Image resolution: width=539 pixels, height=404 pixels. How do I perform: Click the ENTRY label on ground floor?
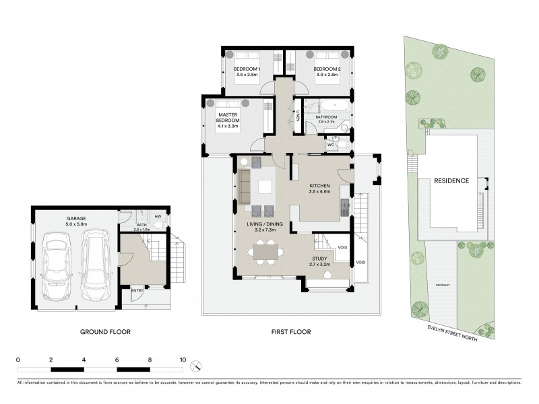click(137, 290)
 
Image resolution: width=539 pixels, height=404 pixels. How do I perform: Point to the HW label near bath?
click(158, 216)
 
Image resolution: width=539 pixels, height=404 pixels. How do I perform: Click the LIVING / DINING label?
click(256, 225)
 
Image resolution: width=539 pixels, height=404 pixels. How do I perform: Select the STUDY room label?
click(321, 257)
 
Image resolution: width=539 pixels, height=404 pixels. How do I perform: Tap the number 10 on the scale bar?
click(182, 360)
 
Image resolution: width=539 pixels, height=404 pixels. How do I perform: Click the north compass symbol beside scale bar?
click(196, 366)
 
